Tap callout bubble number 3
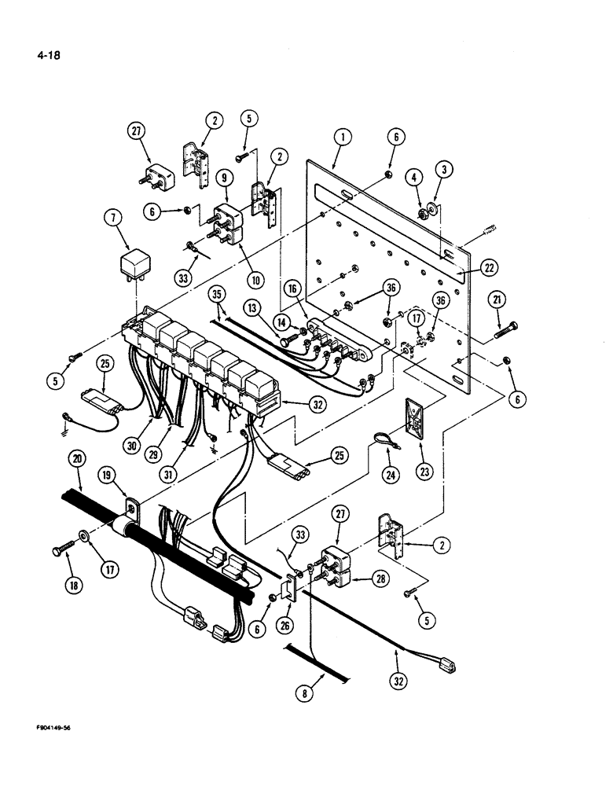(x=446, y=171)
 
